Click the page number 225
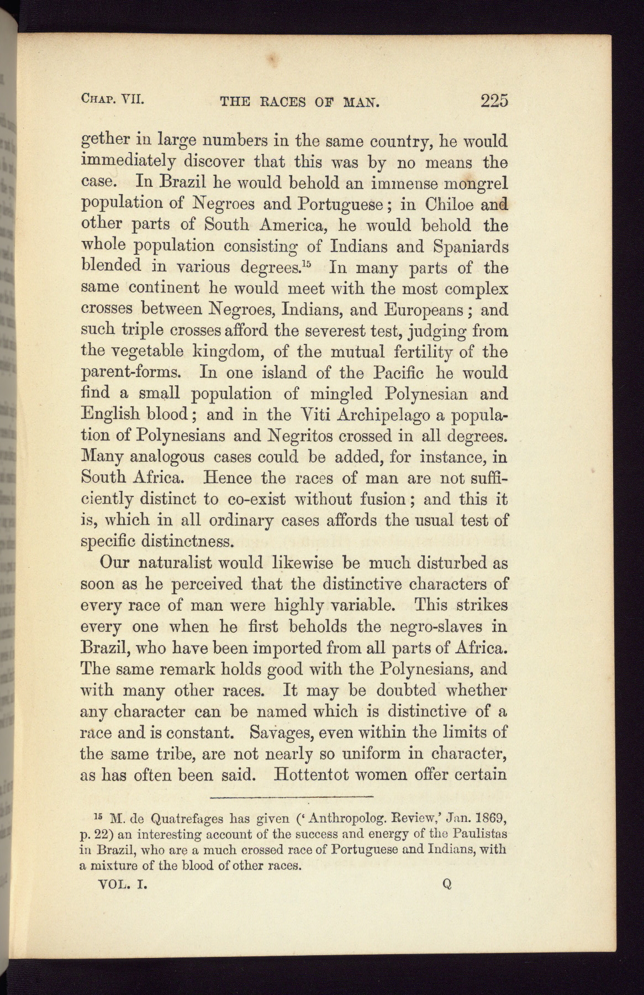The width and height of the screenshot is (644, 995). [494, 101]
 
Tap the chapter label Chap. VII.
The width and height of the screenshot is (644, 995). [113, 99]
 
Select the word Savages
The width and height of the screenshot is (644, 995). [279, 732]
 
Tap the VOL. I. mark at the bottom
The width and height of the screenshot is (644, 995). [121, 883]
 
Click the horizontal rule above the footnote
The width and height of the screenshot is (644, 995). [292, 797]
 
